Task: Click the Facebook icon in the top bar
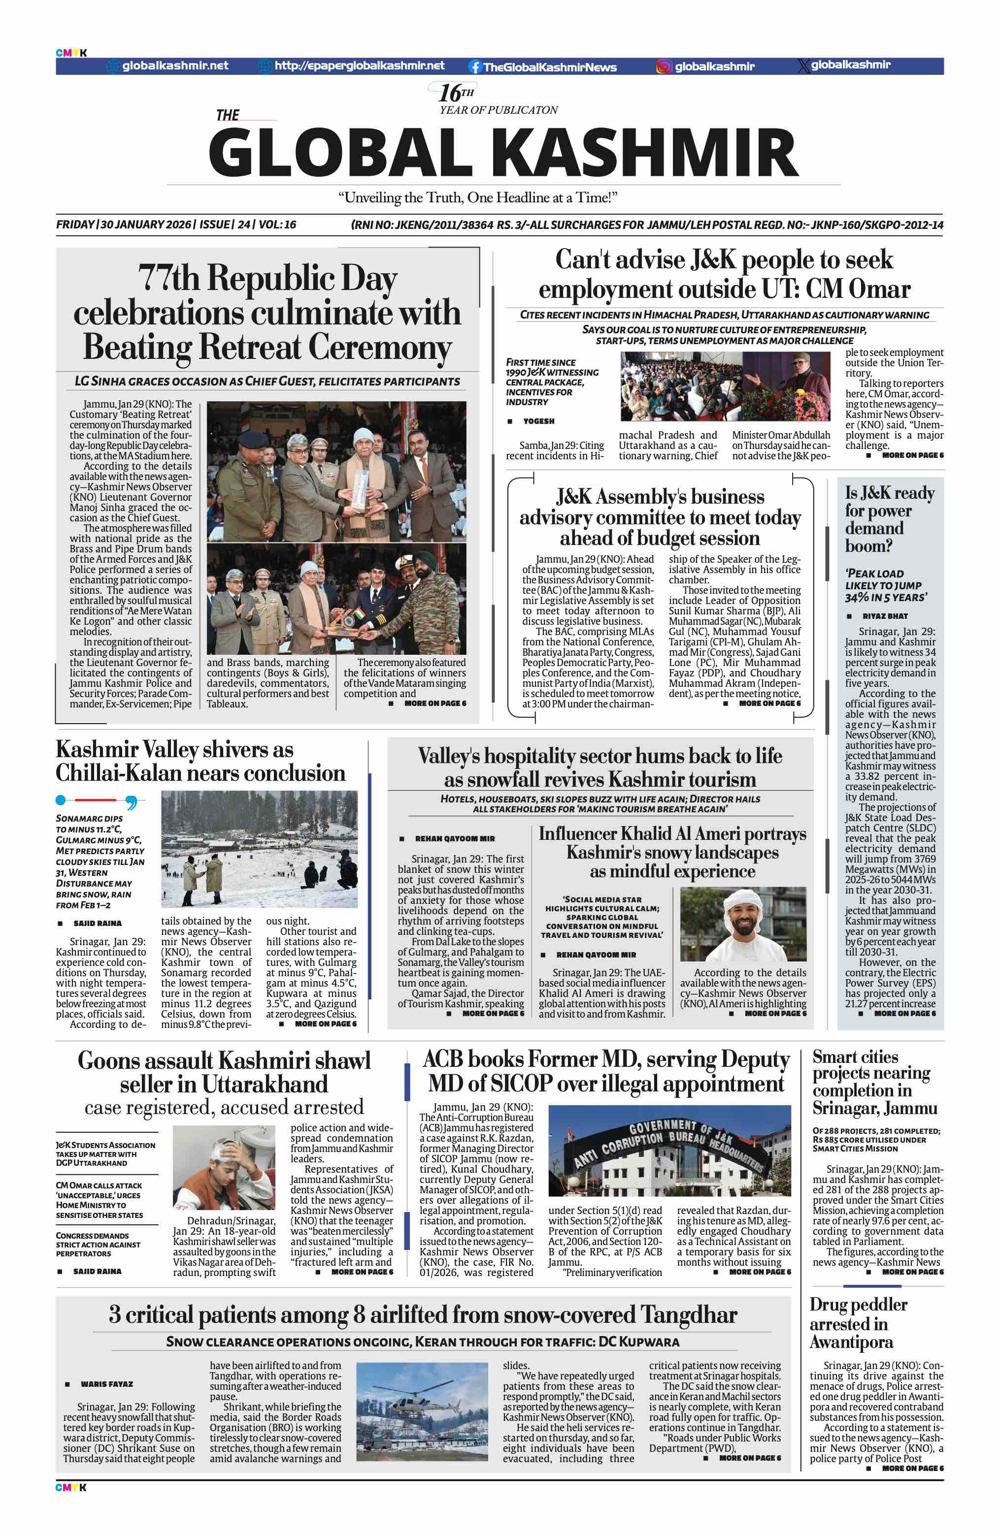coord(475,66)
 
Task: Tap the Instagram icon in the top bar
coord(663,66)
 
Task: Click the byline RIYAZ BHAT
coord(885,616)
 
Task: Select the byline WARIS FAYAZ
coord(106,1384)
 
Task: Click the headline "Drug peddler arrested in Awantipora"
coord(858,1323)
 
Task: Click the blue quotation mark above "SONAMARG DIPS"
coord(131,802)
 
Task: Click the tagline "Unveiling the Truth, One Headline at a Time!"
coord(477,197)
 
